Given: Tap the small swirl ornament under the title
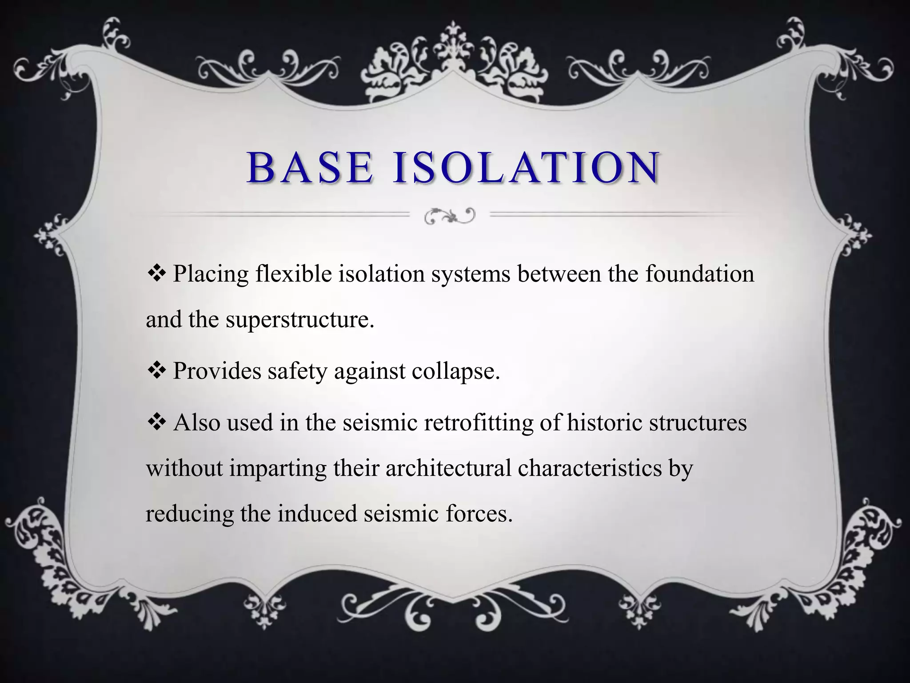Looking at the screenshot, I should pyautogui.click(x=449, y=216).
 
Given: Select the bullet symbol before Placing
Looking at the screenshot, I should pyautogui.click(x=156, y=273).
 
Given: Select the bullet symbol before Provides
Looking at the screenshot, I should pyautogui.click(x=156, y=370).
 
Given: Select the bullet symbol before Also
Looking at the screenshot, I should pyautogui.click(x=156, y=422).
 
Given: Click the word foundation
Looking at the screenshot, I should pyautogui.click(x=700, y=273).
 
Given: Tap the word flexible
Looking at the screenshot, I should pyautogui.click(x=294, y=273).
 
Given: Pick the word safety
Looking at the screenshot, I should pyautogui.click(x=297, y=371).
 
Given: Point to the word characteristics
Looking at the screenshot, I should pyautogui.click(x=590, y=468).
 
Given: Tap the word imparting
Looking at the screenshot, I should pyautogui.click(x=277, y=469).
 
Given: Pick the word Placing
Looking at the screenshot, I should pyautogui.click(x=211, y=274).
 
